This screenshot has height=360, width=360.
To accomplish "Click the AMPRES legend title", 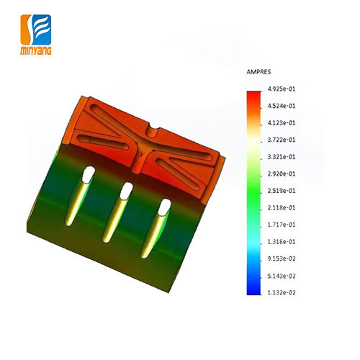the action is [x=258, y=72].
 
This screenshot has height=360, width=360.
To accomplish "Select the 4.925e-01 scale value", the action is [x=282, y=89].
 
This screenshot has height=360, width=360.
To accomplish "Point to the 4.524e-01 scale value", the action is [x=282, y=106].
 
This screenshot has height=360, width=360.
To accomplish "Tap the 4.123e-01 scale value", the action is [x=282, y=123].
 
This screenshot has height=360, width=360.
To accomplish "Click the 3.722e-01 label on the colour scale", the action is [x=282, y=140].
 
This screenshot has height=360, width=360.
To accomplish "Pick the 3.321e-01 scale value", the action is [x=282, y=157].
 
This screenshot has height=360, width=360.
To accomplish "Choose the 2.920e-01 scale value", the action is [x=282, y=174].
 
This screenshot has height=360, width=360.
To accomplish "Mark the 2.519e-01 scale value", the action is [x=282, y=191].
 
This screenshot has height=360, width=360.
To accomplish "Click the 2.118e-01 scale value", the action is [x=282, y=207].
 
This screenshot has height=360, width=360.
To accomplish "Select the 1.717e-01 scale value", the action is [x=282, y=225].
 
